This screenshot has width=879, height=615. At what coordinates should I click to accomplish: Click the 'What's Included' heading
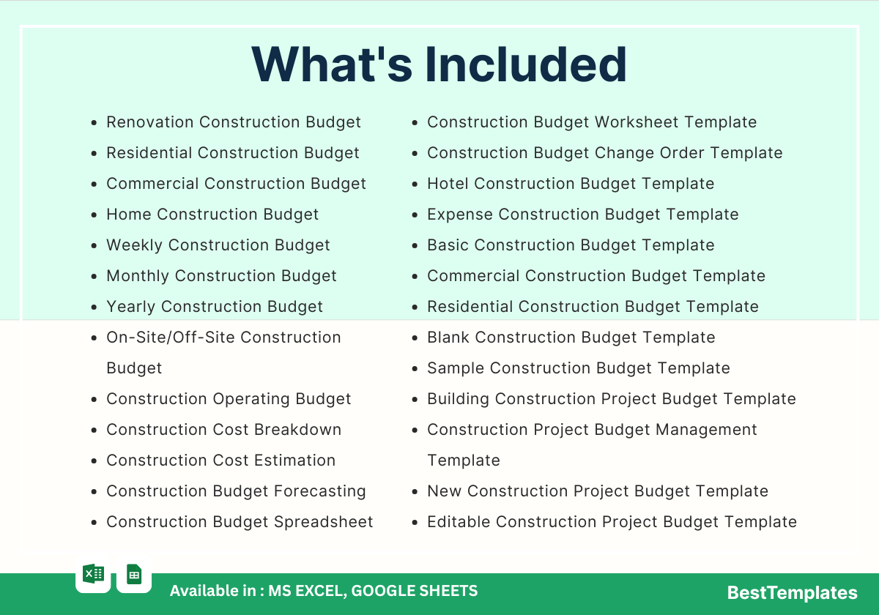pos(439,64)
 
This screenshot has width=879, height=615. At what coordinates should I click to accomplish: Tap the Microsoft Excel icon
pos(94,574)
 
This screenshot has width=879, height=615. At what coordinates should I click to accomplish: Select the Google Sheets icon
pos(134,574)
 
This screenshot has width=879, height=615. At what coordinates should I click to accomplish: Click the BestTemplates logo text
pos(792,592)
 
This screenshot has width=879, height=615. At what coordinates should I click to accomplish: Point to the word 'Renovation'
pos(150,122)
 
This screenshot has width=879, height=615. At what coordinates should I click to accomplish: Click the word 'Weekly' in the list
pos(134,245)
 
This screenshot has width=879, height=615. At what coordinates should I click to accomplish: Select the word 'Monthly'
pos(138,276)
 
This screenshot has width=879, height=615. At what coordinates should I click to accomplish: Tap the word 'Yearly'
pos(130,307)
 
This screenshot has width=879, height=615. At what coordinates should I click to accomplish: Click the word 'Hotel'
pos(448,184)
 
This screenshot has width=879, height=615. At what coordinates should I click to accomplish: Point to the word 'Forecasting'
pos(320,491)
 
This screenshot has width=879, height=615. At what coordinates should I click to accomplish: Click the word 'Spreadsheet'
pos(323,523)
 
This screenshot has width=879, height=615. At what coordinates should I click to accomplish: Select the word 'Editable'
pos(459,522)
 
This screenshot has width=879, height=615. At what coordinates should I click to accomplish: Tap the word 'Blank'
pos(448,338)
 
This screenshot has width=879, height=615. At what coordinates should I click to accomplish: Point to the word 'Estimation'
pos(294,461)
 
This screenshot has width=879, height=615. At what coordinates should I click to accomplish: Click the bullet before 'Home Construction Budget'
pos(94,215)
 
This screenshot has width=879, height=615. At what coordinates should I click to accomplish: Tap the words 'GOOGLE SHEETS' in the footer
pos(415,591)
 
